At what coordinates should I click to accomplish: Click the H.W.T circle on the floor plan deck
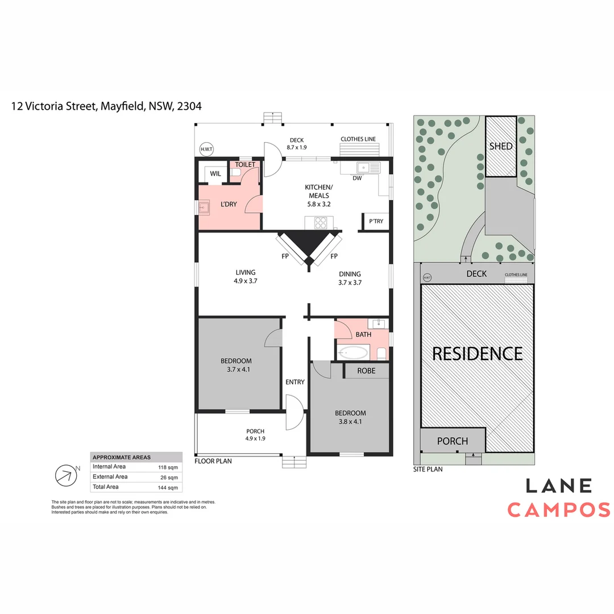tap(205, 150)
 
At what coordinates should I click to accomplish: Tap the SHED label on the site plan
tap(501, 146)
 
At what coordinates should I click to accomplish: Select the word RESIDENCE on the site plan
tap(477, 354)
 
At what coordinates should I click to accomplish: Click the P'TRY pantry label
tap(376, 222)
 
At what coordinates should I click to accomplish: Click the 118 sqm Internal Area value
tap(168, 467)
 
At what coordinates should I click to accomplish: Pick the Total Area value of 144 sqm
tap(168, 487)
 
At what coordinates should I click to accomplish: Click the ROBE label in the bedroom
tap(366, 371)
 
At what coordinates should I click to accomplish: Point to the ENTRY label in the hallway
tap(295, 382)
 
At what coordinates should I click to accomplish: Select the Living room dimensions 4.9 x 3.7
tap(246, 281)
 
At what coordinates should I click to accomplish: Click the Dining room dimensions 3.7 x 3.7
tap(350, 283)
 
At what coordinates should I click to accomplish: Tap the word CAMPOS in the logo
tap(558, 509)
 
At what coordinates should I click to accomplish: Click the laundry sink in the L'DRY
tap(205, 209)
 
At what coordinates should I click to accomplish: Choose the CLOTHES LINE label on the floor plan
tap(358, 139)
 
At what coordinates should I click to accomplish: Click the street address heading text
tap(106, 106)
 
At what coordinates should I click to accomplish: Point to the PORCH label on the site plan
tap(453, 441)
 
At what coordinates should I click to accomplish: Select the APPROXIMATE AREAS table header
tap(122, 457)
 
